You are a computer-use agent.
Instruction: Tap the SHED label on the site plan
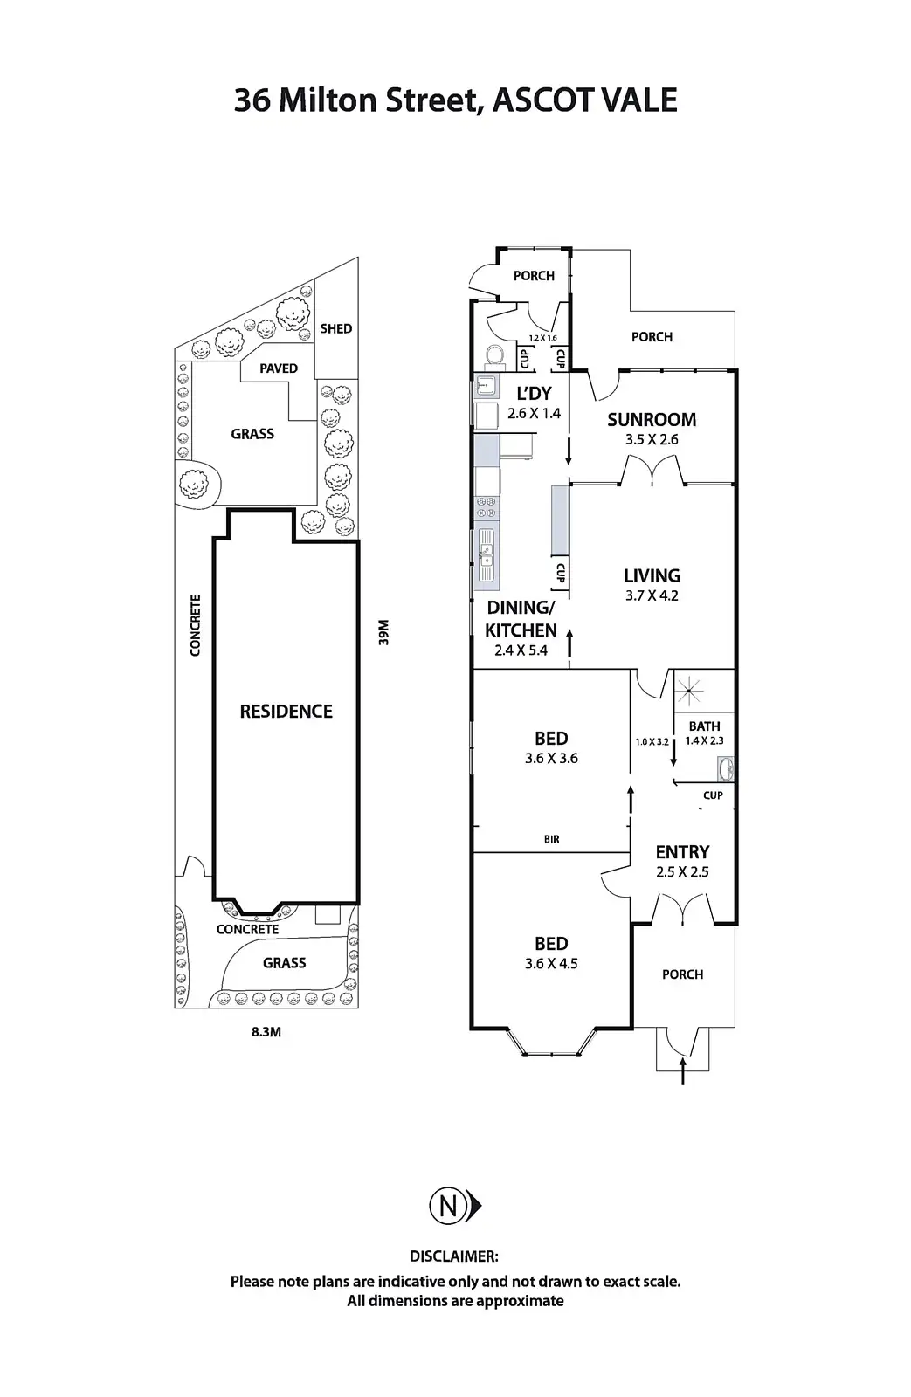click(x=335, y=329)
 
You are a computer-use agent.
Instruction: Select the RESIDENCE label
click(x=286, y=712)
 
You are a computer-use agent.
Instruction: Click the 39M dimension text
click(x=383, y=632)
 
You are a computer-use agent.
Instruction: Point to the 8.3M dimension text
click(x=266, y=1032)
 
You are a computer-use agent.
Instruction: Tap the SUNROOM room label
click(x=652, y=420)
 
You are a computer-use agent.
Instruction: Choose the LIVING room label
click(x=652, y=575)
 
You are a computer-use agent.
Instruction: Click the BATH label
click(x=704, y=726)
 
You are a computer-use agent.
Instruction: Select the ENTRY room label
click(x=682, y=852)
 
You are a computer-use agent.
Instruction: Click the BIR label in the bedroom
click(x=551, y=839)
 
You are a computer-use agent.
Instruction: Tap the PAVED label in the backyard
click(x=278, y=368)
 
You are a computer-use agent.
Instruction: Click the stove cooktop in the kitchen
click(x=487, y=507)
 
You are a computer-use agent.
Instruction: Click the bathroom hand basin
click(x=725, y=769)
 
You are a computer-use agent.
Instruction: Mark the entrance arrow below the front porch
click(x=683, y=1071)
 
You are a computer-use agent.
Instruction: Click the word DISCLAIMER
click(x=454, y=1256)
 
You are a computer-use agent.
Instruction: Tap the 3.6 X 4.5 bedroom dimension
click(x=551, y=964)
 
